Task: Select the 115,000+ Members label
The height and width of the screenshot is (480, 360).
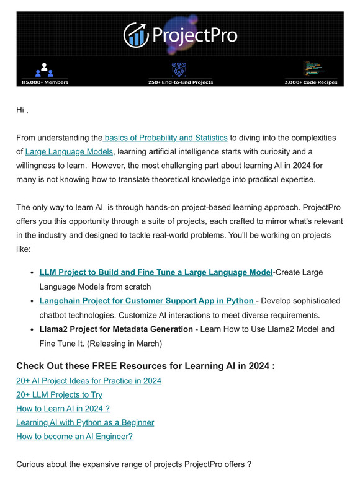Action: [x=45, y=82]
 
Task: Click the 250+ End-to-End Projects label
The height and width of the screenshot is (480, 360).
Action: [x=180, y=82]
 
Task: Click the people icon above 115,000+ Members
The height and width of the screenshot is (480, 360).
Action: [x=45, y=69]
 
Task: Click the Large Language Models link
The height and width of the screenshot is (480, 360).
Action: [x=70, y=152]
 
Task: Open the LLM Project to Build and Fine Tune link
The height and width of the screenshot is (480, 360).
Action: [x=156, y=272]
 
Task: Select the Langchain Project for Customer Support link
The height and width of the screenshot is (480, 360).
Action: [x=146, y=301]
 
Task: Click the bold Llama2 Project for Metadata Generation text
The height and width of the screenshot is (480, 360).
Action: [x=116, y=329]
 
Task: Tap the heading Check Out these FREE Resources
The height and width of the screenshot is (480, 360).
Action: [x=145, y=366]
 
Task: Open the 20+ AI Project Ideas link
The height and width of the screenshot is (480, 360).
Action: [x=89, y=381]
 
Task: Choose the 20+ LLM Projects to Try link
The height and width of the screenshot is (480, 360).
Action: [x=60, y=394]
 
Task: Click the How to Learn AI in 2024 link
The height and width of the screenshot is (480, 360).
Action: [x=63, y=409]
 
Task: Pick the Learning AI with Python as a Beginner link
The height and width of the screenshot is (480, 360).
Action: [x=85, y=422]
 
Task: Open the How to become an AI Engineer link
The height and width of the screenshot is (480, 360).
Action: [x=74, y=436]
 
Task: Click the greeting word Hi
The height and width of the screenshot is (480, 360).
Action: [x=20, y=110]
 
